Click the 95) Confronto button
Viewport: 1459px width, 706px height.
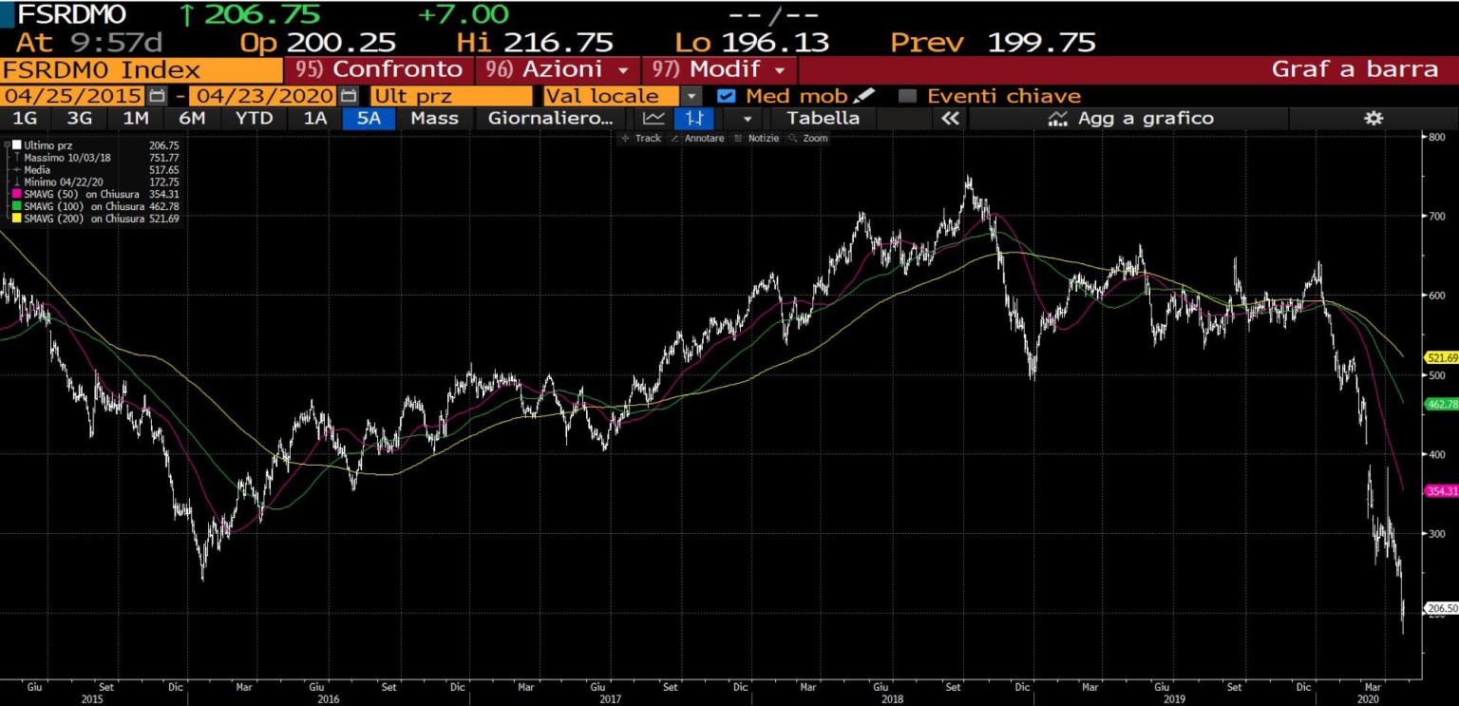tap(378, 69)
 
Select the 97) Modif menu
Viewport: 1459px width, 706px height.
tap(720, 69)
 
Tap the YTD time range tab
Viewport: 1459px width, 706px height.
tap(254, 118)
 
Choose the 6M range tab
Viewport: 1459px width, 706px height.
tap(192, 118)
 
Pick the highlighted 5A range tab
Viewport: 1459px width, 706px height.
tap(369, 118)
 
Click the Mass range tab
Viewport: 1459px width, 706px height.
tap(434, 118)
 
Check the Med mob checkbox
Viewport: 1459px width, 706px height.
tap(726, 96)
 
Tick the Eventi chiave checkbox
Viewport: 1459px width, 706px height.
tap(907, 96)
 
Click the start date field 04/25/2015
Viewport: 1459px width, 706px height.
tap(74, 96)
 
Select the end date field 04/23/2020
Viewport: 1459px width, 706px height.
tap(262, 96)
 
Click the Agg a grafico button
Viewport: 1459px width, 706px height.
tap(1129, 118)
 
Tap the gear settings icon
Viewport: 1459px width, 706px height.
tap(1373, 118)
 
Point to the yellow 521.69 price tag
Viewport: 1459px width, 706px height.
tap(1441, 357)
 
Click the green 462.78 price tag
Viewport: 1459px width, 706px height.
tap(1441, 404)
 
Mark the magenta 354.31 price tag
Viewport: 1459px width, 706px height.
tap(1441, 490)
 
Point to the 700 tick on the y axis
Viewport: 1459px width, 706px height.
tap(1438, 217)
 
